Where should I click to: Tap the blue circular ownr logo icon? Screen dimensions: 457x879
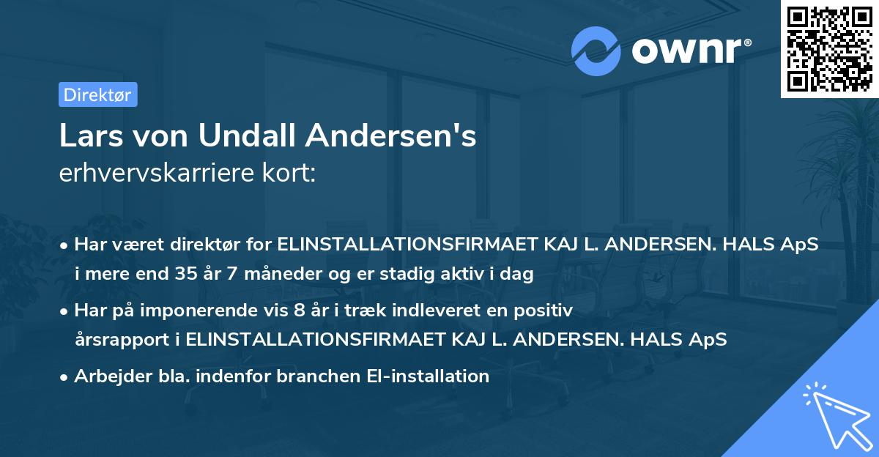click(596, 51)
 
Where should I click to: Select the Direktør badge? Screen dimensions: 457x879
click(97, 94)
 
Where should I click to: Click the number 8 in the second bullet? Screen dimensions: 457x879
click(298, 311)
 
